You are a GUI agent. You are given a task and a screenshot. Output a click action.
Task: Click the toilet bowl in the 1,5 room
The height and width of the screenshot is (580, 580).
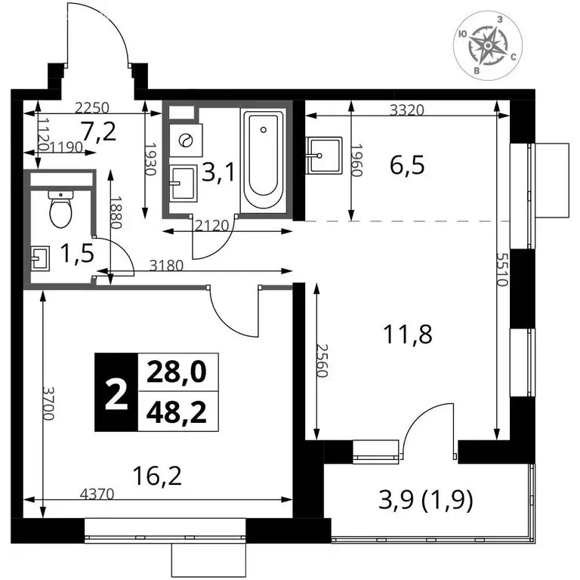click(x=60, y=209)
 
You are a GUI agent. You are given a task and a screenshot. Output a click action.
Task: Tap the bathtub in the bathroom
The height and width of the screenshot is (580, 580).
click(x=264, y=161)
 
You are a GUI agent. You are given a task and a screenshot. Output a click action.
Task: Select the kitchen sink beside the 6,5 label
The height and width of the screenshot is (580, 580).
click(x=324, y=155)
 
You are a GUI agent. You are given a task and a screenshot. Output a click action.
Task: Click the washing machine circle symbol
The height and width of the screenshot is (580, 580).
click(x=185, y=140)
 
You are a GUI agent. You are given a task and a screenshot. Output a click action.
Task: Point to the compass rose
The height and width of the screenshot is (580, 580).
click(x=488, y=45)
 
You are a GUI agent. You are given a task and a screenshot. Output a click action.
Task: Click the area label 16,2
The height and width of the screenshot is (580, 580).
click(x=157, y=476)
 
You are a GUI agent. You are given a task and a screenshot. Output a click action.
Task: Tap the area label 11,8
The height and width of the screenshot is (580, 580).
click(x=408, y=334)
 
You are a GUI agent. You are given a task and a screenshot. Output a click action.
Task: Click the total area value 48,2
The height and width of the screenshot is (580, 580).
click(x=177, y=412)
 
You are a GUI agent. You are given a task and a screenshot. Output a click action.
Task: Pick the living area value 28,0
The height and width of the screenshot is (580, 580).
click(x=177, y=372)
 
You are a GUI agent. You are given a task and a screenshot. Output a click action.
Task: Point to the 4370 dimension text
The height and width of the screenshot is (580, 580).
click(x=97, y=494)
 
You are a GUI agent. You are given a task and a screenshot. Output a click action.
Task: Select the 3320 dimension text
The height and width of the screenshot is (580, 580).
click(x=407, y=110)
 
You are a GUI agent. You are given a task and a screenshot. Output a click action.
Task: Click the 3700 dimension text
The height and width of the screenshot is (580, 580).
click(x=48, y=403)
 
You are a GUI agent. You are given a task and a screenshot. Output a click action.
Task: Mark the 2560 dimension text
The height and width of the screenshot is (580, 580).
click(x=322, y=361)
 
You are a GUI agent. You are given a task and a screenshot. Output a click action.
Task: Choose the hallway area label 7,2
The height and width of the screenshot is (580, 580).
click(x=99, y=132)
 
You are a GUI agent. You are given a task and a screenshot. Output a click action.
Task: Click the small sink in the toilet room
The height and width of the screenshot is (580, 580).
click(x=40, y=258)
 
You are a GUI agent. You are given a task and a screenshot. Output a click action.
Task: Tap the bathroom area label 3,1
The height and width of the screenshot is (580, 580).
click(x=218, y=172)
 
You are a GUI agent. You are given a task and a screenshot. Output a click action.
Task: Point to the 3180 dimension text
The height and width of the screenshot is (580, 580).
click(x=166, y=265)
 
